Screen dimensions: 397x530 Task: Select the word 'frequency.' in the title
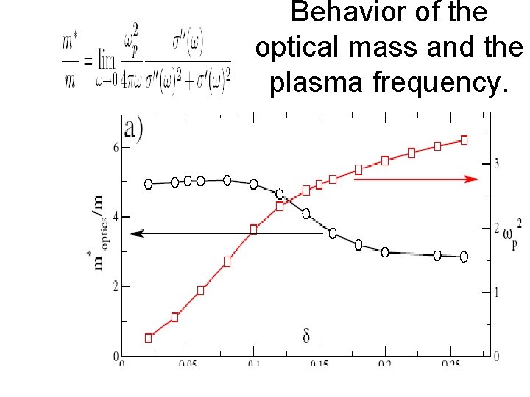tap(441, 83)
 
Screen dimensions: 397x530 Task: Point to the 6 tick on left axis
tap(115, 147)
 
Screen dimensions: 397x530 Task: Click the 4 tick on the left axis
tap(115, 217)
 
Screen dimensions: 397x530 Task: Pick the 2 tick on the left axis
tap(115, 286)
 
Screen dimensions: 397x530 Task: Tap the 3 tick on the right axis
tap(497, 163)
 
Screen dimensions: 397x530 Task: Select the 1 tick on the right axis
tap(497, 293)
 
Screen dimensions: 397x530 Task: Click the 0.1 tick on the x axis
tap(253, 364)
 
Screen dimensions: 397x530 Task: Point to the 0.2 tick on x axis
tap(384, 364)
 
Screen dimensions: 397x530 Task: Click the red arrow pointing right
tap(416, 179)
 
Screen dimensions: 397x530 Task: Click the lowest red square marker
tap(148, 338)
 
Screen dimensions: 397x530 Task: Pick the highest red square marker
tap(464, 140)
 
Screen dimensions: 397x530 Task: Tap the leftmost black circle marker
tap(148, 184)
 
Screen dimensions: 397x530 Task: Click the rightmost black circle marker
tap(464, 257)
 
